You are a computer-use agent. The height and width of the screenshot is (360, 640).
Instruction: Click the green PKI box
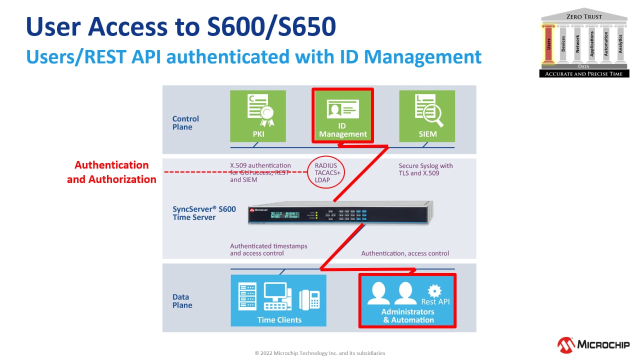[x=257, y=115]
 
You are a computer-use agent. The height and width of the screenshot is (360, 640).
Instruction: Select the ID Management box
[x=342, y=115]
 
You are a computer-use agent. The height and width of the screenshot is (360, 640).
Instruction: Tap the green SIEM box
[x=427, y=115]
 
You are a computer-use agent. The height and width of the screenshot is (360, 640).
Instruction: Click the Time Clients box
[x=278, y=300]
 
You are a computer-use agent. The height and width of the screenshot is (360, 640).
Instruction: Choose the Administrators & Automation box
[x=407, y=300]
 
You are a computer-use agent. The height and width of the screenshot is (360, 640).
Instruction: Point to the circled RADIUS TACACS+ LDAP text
[x=326, y=172]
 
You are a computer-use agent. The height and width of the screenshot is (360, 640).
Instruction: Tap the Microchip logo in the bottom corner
[x=593, y=344]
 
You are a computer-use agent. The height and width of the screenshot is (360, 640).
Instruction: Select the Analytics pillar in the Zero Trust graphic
[x=620, y=44]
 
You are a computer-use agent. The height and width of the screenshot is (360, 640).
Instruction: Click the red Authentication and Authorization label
[x=111, y=172]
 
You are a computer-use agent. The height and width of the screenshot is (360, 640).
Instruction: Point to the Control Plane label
[x=185, y=123]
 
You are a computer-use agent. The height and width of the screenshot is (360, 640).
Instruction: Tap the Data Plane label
[x=182, y=301]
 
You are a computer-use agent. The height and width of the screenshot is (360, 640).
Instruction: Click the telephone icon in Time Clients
[x=309, y=299]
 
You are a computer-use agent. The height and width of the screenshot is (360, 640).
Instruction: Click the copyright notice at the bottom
[x=320, y=353]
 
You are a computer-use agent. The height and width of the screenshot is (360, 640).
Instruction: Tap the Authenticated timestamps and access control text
[x=268, y=249]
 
